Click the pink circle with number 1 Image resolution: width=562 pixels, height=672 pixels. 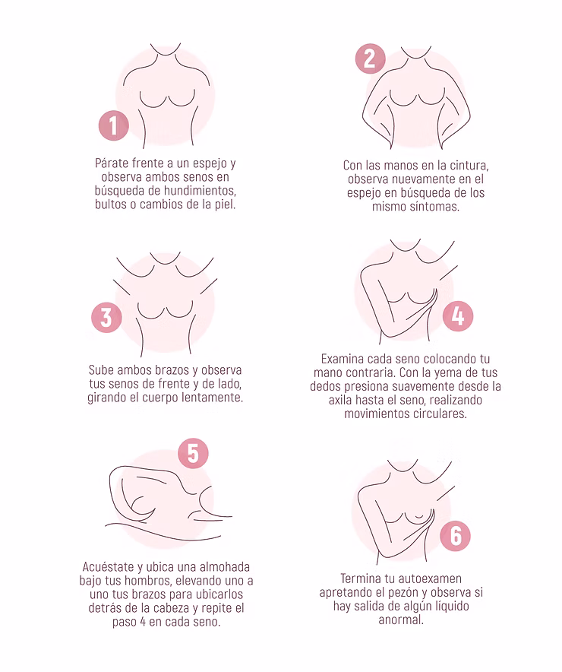pos(113,125)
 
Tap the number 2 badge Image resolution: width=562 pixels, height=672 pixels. pos(371,59)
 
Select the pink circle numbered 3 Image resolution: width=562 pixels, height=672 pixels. pos(106,317)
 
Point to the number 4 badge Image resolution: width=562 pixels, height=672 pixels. pos(457,316)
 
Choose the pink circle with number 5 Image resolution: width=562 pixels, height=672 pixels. pos(193,453)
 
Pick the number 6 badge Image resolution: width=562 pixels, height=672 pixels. pos(456,536)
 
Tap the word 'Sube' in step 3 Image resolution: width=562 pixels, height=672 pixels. pos(101,369)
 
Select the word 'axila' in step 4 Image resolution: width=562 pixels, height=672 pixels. pos(340,399)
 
